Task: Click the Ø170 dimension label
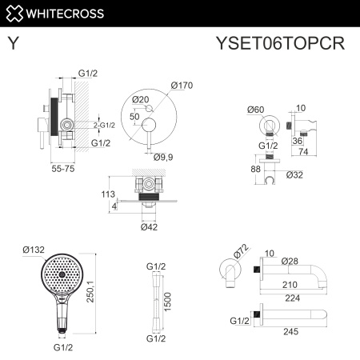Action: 182,86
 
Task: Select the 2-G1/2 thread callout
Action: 104,125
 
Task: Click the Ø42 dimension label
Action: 149,227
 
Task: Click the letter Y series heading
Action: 14,43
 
